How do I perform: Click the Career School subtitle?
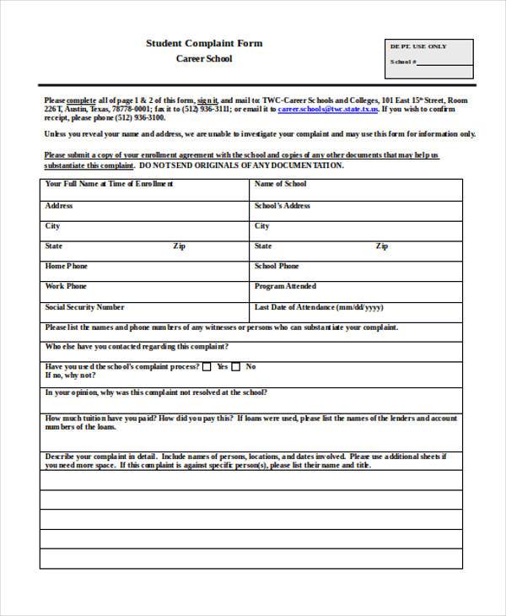203,59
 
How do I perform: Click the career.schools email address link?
328,110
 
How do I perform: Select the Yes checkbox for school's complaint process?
207,367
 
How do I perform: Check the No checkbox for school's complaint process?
237,367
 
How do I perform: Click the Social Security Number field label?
84,308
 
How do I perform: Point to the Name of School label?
280,184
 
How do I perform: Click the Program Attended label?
285,287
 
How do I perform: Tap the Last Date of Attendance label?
319,308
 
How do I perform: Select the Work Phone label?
66,287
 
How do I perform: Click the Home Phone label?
67,267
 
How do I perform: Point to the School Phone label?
277,267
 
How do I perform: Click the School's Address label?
283,206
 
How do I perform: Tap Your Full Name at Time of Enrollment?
109,184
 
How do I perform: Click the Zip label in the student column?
179,246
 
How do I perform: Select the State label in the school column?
263,246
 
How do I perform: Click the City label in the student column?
52,226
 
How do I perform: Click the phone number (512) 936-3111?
202,110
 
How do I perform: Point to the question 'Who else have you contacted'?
136,347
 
